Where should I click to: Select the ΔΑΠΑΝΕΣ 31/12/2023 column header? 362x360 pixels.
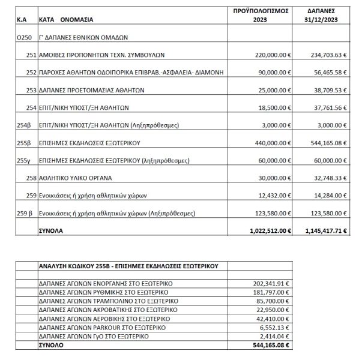pos(324,15)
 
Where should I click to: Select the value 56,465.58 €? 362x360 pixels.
pos(326,89)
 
